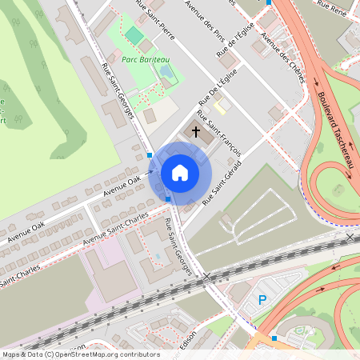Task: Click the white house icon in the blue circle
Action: click(180, 172)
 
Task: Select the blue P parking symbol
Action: click(262, 301)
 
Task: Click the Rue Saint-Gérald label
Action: click(223, 181)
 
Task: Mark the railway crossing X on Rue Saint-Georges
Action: click(207, 277)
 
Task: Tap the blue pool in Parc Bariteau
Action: click(165, 71)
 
